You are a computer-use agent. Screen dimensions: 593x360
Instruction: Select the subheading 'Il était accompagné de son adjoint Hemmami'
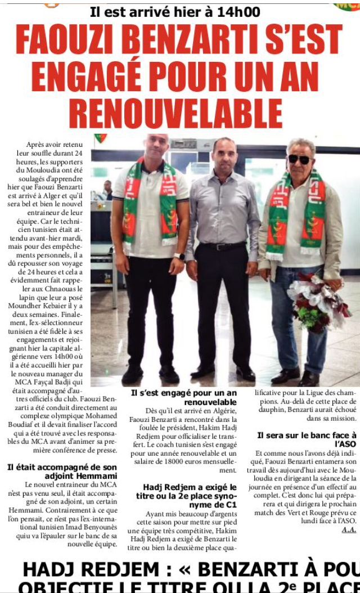point(62,471)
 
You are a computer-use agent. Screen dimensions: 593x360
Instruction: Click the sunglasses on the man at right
point(299,159)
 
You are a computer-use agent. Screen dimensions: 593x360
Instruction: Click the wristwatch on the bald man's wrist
point(179,256)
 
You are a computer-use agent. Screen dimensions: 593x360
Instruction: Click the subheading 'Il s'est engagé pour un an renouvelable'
point(184,397)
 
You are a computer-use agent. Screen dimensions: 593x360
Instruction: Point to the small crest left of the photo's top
point(100,138)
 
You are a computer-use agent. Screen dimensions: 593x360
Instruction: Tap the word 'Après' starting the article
point(37,145)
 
